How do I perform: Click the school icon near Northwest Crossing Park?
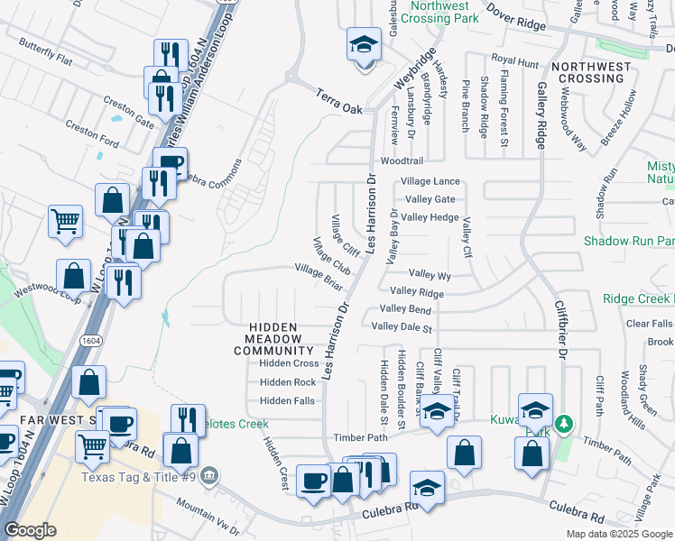364,44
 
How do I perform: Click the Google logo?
30,530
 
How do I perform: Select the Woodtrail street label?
402,160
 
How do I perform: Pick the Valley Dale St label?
402,326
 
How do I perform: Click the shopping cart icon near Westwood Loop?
65,220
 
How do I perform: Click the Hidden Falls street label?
287,400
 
